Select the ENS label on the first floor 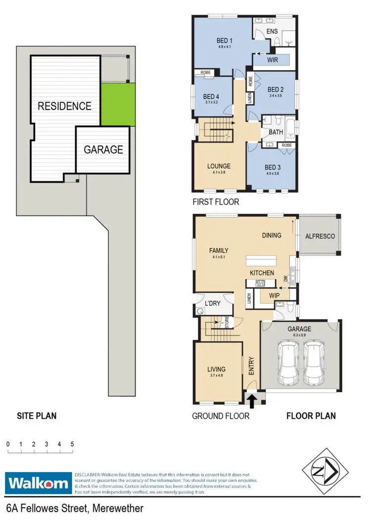[272, 32]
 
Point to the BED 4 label [211, 96]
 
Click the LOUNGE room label [219, 166]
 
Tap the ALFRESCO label [320, 236]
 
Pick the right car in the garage [313, 363]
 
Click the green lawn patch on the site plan [118, 104]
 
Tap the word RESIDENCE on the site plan [65, 106]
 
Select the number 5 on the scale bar [72, 444]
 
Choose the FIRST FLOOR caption [215, 201]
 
